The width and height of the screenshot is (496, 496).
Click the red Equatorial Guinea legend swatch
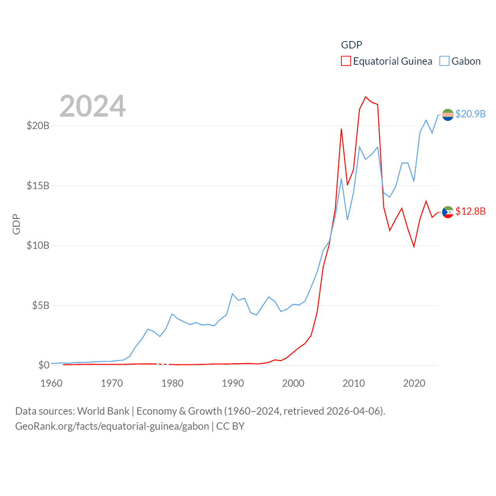[x=346, y=61]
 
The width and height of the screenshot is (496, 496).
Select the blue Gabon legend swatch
[x=444, y=61]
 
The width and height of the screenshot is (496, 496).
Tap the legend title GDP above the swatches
[x=351, y=45]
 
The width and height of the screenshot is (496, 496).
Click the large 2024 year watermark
[x=93, y=106]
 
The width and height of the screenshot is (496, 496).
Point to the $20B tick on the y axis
[x=38, y=126]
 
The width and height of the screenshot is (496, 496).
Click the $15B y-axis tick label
[x=38, y=186]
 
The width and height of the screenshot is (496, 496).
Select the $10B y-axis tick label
[x=38, y=245]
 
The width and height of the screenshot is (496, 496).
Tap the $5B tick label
[x=41, y=305]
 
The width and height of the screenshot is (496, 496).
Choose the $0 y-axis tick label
[x=44, y=365]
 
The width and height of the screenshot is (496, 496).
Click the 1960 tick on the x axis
[x=52, y=383]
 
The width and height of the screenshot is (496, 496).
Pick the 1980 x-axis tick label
[x=172, y=383]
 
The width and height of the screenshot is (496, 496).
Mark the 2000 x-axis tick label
[x=293, y=383]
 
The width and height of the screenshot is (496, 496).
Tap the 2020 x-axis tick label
[x=414, y=383]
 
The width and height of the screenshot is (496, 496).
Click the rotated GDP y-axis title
[x=16, y=224]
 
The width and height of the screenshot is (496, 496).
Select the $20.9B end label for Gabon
[x=470, y=114]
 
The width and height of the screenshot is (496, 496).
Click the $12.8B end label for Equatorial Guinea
[x=470, y=211]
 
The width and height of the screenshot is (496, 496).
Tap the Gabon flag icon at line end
[x=448, y=115]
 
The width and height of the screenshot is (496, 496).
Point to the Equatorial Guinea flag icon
[x=448, y=212]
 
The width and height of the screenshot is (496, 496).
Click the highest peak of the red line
[x=365, y=97]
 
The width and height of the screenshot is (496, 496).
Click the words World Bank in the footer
[x=103, y=411]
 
